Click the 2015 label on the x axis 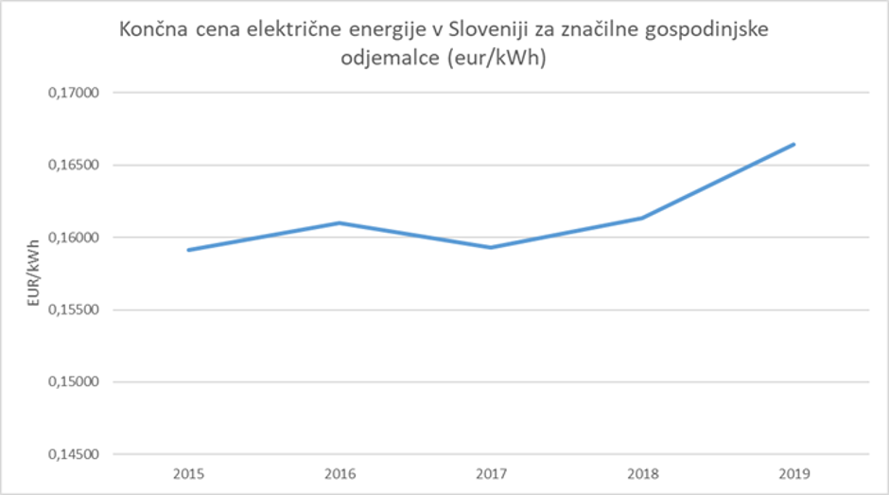[188, 470]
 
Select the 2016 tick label [340, 470]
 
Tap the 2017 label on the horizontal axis [491, 470]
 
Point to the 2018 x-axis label [642, 470]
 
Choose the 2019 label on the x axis [793, 470]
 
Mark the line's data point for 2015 [188, 250]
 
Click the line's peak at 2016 [340, 223]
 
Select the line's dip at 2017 [491, 247]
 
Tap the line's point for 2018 [642, 219]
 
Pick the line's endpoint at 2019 [793, 145]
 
